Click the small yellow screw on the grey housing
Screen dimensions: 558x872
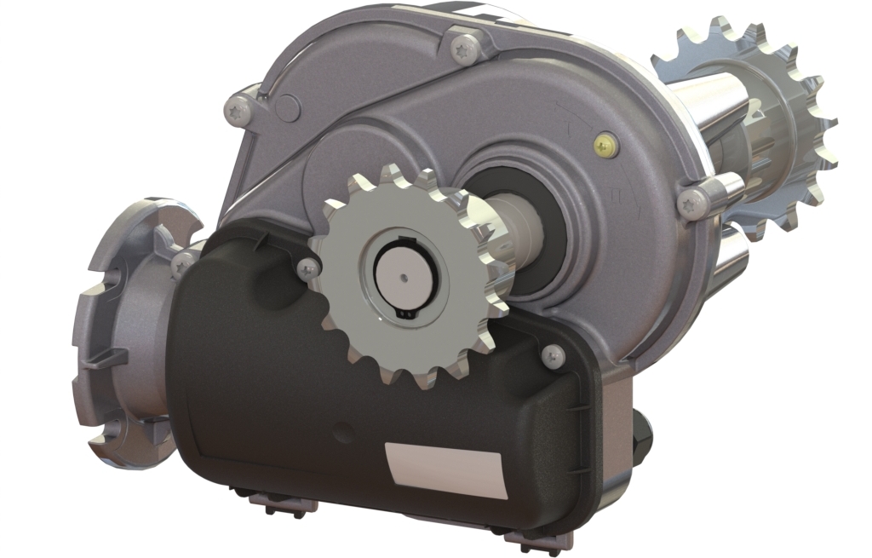(605, 146)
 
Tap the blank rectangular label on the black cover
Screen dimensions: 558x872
(446, 470)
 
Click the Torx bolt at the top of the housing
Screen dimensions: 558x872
(465, 49)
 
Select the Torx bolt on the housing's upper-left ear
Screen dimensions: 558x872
(239, 109)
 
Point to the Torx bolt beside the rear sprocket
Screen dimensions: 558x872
(692, 202)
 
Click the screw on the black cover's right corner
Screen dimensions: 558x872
(554, 355)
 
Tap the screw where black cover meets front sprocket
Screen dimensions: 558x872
(308, 269)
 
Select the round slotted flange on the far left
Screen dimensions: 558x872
(128, 332)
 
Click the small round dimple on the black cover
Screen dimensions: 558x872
(343, 433)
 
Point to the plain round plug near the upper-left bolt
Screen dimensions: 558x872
(289, 108)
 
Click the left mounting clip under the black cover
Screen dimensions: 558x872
(273, 503)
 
